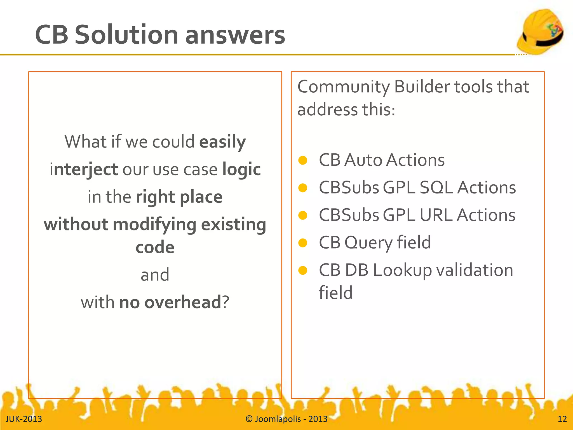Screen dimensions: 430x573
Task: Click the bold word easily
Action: pyautogui.click(x=222, y=142)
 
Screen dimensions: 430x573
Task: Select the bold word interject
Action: pyautogui.click(x=84, y=170)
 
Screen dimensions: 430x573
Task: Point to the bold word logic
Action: pyautogui.click(x=241, y=170)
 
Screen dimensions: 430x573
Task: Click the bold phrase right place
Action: pyautogui.click(x=179, y=197)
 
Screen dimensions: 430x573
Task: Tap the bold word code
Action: pyautogui.click(x=155, y=247)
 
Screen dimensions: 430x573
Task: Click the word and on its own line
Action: pyautogui.click(x=155, y=275)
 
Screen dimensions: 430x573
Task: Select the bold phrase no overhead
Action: pyautogui.click(x=170, y=302)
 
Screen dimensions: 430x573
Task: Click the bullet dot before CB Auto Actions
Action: pyautogui.click(x=303, y=160)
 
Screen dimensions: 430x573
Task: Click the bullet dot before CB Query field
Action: pyautogui.click(x=303, y=243)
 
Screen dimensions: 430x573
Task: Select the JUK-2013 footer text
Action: pyautogui.click(x=24, y=419)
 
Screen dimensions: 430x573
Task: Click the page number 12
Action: pyautogui.click(x=562, y=419)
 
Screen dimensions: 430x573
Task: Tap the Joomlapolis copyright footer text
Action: pyautogui.click(x=286, y=419)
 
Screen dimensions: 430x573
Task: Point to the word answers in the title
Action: pyautogui.click(x=235, y=35)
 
